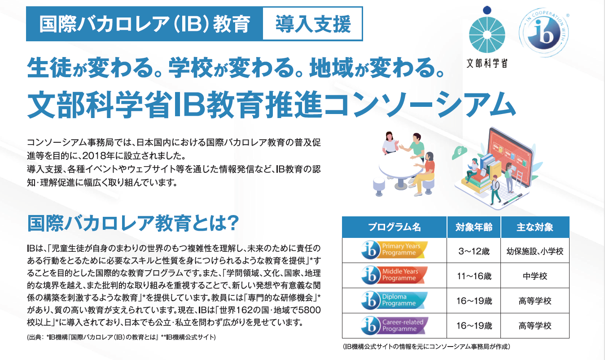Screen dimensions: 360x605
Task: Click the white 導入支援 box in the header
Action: coord(312,24)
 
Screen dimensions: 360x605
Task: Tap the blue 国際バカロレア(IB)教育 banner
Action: coord(145,24)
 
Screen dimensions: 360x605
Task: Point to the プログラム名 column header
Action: coord(395,227)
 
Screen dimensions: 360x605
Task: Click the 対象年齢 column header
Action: coord(474,227)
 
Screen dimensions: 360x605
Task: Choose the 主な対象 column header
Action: coord(535,227)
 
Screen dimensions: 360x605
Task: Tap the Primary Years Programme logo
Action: coord(395,250)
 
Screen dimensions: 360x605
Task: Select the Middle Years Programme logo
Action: coord(395,275)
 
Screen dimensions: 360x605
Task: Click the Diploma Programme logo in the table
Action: coord(395,300)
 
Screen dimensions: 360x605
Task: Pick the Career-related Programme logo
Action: coord(395,325)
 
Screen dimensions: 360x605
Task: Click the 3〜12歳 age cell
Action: coord(474,250)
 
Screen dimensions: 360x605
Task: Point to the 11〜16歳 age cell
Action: coord(474,275)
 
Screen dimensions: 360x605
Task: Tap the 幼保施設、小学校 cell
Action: coord(535,250)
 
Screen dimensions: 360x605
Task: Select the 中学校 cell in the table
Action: coord(535,275)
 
